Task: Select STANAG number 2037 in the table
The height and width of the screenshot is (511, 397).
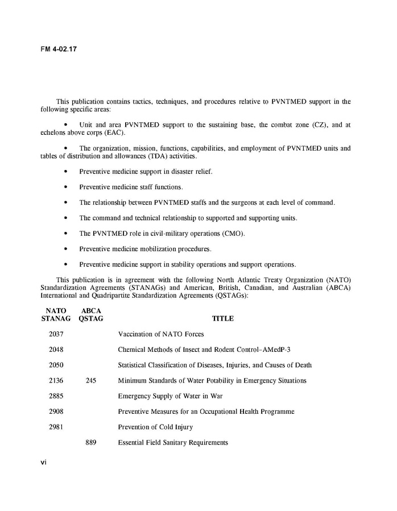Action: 56,334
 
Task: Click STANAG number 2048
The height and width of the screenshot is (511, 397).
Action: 56,350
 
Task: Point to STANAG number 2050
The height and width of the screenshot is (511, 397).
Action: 56,365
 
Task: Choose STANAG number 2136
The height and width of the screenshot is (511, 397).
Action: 56,381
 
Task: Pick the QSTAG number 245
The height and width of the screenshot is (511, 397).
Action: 90,381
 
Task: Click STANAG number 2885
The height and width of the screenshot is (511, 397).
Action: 56,396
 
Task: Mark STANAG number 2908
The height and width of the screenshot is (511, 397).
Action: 56,412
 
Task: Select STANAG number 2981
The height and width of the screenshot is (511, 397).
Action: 56,427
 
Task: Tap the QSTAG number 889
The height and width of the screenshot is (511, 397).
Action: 90,442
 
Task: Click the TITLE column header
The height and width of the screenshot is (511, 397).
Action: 223,319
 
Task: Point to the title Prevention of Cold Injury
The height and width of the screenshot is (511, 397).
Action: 155,427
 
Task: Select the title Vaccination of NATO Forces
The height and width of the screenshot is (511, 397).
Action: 161,334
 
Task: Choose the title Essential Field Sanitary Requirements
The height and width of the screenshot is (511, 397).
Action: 173,442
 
